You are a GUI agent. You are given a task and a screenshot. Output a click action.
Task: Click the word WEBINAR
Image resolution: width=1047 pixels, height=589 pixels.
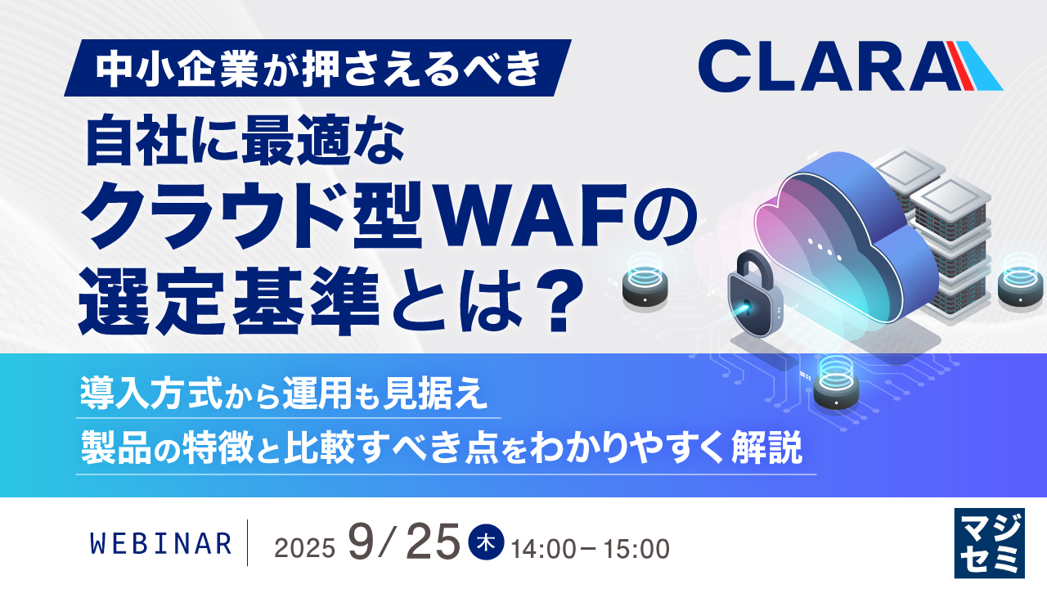(161, 544)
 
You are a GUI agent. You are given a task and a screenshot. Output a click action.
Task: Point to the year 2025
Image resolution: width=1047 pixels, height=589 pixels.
(305, 548)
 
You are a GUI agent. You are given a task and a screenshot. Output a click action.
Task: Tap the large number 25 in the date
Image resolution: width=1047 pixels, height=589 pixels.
(433, 542)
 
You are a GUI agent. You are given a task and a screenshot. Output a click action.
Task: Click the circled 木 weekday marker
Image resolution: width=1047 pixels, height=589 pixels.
(486, 542)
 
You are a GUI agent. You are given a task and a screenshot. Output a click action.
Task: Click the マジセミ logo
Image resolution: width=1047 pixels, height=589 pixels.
(989, 542)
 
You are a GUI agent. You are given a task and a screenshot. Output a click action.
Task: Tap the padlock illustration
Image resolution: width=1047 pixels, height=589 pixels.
(754, 294)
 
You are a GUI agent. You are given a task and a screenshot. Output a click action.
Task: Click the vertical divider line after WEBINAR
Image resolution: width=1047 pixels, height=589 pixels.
(247, 542)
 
